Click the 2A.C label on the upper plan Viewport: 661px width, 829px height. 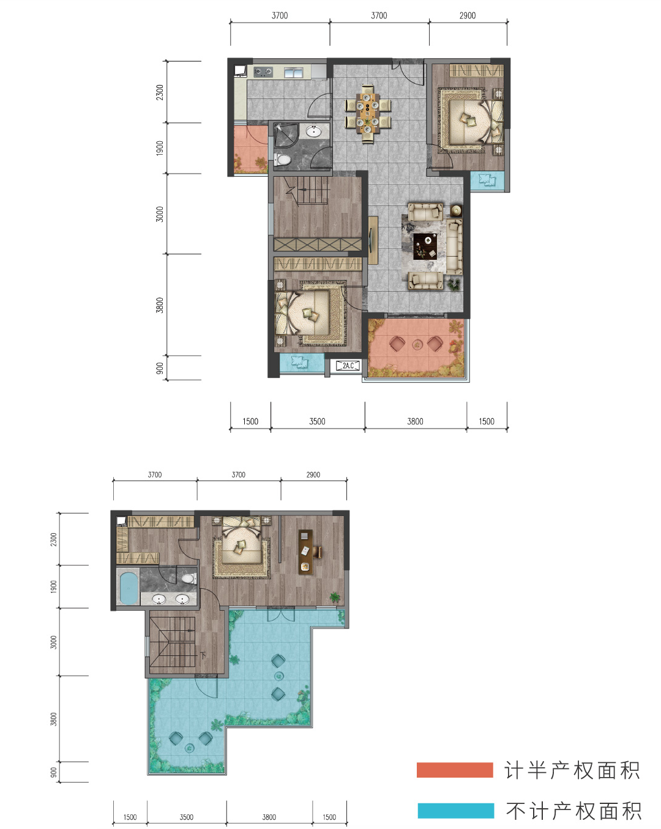pyautogui.click(x=348, y=366)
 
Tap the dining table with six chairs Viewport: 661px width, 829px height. pyautogui.click(x=368, y=113)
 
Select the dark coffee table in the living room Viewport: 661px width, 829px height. pyautogui.click(x=425, y=246)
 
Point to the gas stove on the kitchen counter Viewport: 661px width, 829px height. pyautogui.click(x=263, y=72)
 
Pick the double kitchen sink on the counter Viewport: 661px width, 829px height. pyautogui.click(x=294, y=72)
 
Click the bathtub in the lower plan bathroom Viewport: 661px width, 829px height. pyautogui.click(x=129, y=588)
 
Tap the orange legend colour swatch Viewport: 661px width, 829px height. pyautogui.click(x=455, y=770)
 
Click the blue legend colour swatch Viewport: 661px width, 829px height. pyautogui.click(x=456, y=811)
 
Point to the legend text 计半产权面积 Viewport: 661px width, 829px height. pyautogui.click(x=572, y=770)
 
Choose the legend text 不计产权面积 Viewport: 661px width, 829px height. pyautogui.click(x=573, y=811)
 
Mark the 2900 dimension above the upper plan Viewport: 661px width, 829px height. pyautogui.click(x=468, y=16)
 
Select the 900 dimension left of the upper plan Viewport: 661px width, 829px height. pyautogui.click(x=160, y=368)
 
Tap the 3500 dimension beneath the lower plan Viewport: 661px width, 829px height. pyautogui.click(x=186, y=817)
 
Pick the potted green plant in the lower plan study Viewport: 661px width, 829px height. pyautogui.click(x=335, y=597)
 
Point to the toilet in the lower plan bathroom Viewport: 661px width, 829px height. pyautogui.click(x=188, y=578)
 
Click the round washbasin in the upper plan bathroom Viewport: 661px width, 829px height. pyautogui.click(x=314, y=131)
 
